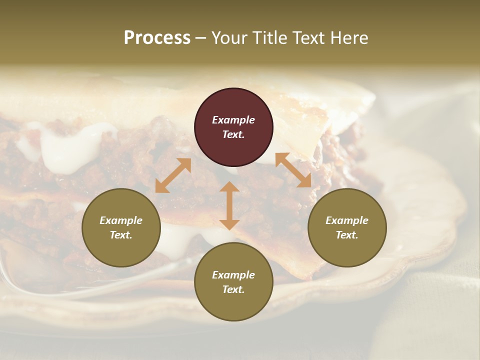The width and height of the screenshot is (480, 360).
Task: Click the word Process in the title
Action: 157,38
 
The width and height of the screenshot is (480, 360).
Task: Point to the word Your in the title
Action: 229,38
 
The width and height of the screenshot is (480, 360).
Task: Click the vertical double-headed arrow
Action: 229,205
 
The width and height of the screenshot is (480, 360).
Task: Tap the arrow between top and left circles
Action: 173,175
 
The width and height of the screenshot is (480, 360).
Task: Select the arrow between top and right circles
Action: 293,170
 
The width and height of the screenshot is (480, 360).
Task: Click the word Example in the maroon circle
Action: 233,120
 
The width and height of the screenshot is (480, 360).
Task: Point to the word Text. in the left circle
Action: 121,235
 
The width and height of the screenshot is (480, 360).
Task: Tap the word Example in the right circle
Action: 347,220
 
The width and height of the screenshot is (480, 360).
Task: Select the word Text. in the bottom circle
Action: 233,289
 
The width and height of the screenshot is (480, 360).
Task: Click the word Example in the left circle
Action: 121,220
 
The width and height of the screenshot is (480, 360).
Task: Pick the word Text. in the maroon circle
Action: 233,134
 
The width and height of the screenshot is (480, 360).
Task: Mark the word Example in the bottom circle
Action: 233,275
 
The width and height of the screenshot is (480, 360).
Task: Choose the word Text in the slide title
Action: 310,38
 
